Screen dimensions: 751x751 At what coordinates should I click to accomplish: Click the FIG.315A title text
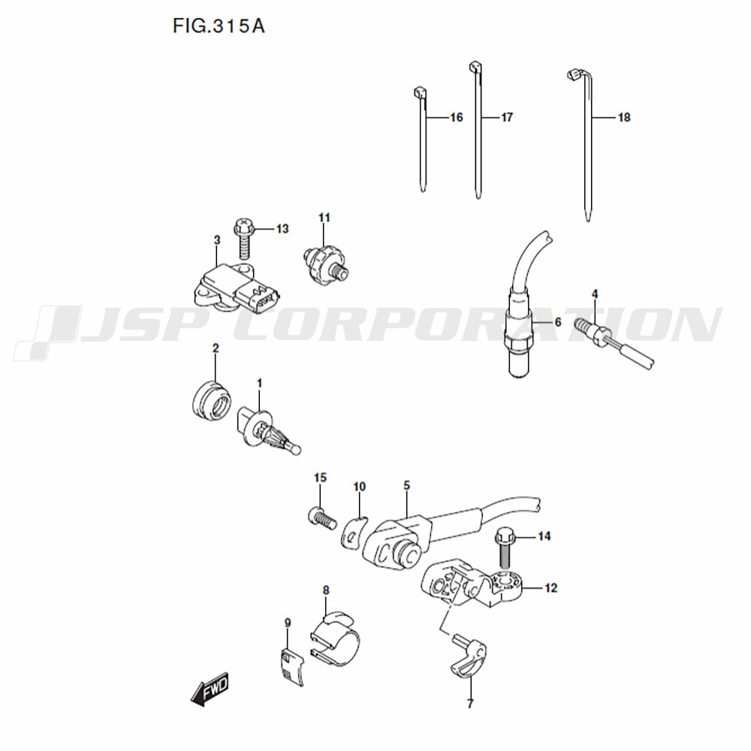219,26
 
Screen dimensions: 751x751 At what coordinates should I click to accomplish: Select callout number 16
457,117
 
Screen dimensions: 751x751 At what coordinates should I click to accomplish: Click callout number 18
624,117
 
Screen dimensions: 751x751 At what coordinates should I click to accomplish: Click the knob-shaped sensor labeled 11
326,265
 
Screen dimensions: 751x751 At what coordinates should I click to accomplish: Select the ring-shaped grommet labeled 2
210,400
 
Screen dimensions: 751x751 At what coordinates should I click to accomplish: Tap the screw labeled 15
321,518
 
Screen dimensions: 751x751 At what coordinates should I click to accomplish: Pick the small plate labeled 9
291,667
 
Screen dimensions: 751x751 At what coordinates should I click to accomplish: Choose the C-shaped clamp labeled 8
334,638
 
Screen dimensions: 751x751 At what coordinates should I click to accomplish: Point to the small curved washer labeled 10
354,532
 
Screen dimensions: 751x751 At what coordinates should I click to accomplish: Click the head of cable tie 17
475,67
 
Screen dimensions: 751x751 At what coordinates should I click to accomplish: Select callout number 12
550,588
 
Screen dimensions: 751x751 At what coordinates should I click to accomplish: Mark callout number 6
557,322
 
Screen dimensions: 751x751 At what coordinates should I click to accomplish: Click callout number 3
217,240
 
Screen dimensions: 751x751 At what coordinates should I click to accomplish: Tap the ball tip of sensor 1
297,450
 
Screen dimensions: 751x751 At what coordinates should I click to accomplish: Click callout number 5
406,486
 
